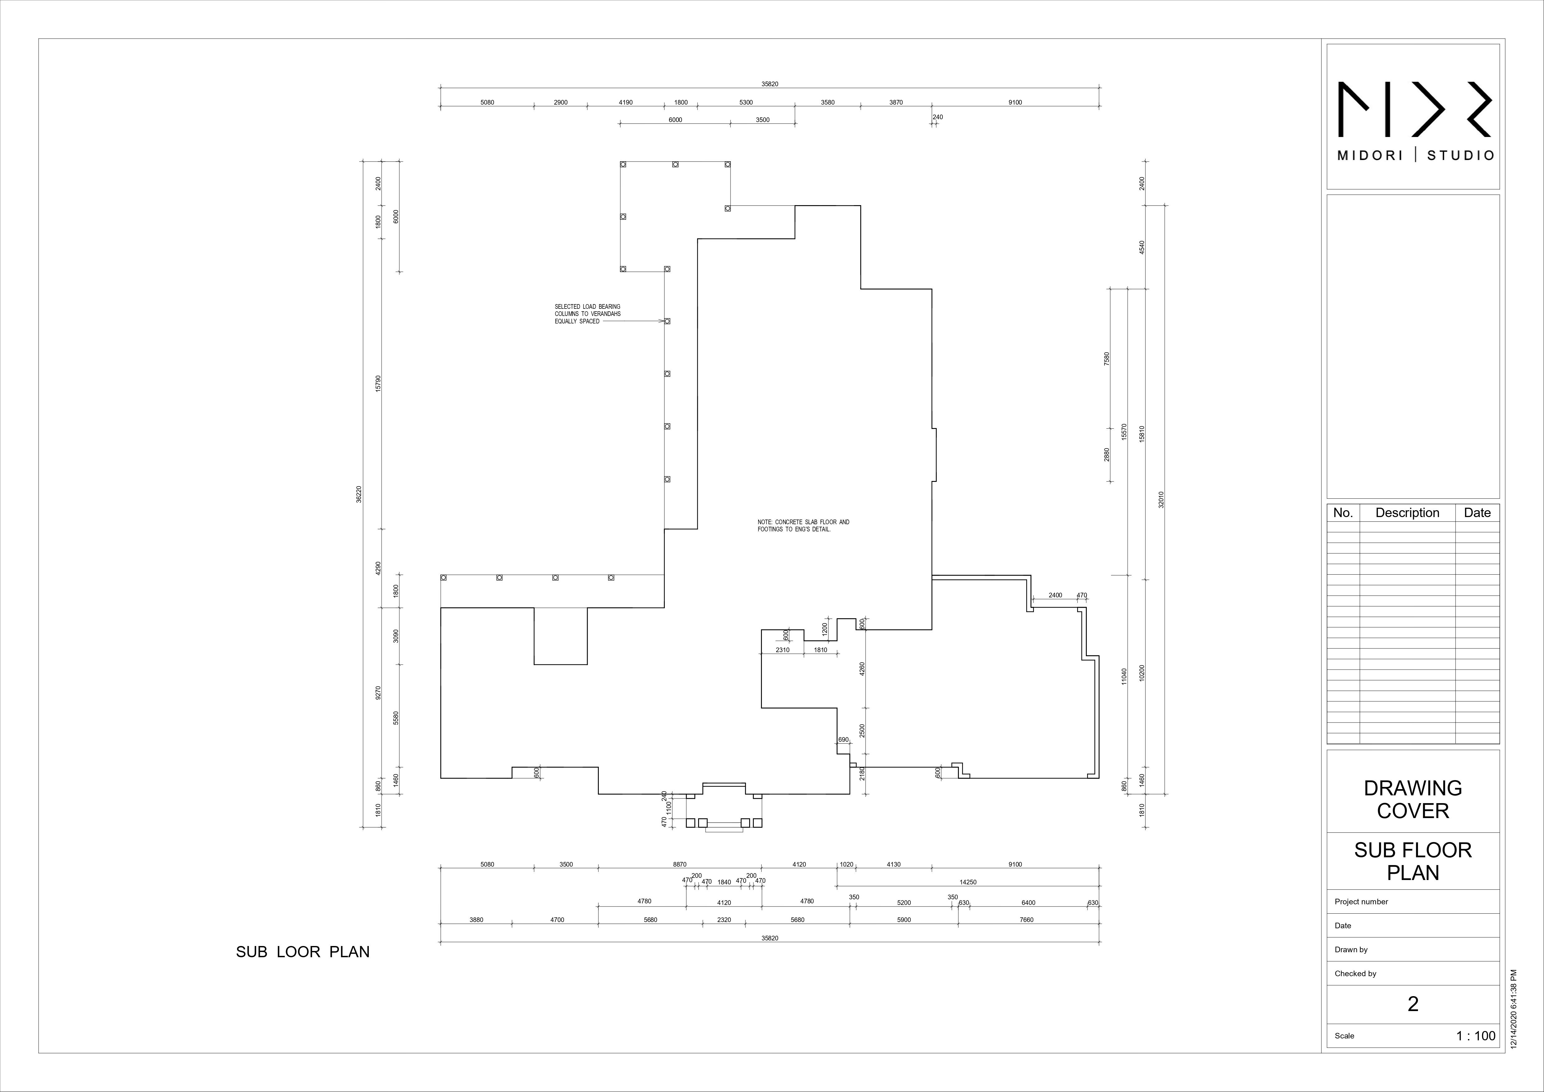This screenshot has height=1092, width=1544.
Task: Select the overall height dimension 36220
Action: pos(359,494)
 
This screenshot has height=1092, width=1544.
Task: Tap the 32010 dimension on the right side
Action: pos(1161,500)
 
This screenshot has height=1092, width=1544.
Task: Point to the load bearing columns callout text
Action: pos(587,314)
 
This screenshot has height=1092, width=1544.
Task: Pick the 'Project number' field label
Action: pos(1361,902)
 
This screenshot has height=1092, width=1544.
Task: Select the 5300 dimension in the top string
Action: pos(746,102)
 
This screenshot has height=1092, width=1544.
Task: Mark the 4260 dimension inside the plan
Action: pos(862,669)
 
